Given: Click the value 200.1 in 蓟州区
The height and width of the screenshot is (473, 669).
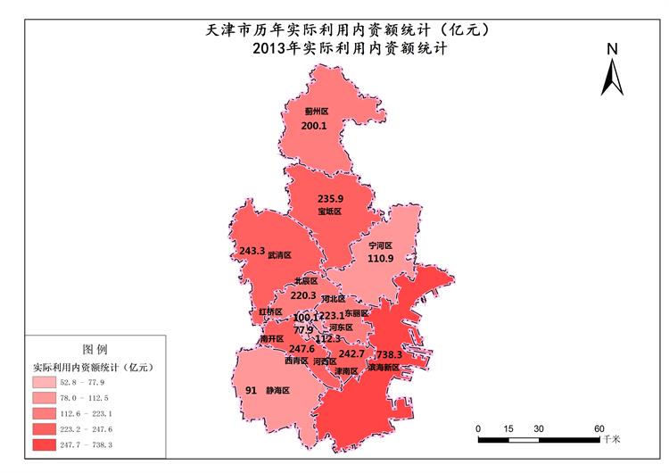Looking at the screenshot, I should click(x=314, y=127).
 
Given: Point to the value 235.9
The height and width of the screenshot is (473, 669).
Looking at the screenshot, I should click(x=330, y=198).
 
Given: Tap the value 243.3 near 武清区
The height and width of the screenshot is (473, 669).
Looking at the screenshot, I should click(x=252, y=252).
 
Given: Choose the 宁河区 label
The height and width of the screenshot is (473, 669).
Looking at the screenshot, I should click(x=381, y=244).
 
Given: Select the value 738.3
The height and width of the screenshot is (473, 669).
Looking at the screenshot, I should click(x=390, y=354).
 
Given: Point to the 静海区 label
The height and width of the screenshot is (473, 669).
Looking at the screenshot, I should click(x=277, y=391).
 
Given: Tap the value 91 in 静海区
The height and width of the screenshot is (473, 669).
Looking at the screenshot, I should click(x=251, y=390).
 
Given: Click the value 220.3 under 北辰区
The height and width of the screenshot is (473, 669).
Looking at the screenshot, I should click(x=304, y=295).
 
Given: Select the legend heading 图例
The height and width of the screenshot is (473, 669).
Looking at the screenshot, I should click(x=95, y=348).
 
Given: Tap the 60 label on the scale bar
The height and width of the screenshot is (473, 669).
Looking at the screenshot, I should click(x=599, y=427).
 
